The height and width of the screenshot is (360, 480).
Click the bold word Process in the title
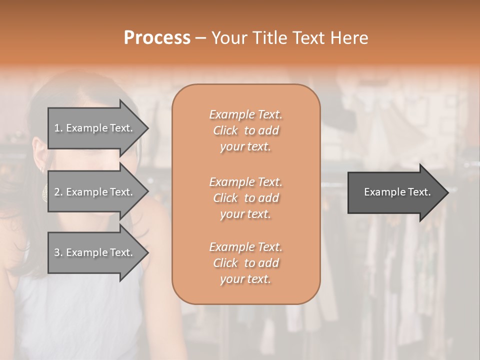point(157,38)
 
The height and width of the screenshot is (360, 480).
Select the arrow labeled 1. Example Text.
point(95,128)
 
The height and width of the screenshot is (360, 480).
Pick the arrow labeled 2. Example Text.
point(95,192)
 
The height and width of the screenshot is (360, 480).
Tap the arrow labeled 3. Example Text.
point(95,252)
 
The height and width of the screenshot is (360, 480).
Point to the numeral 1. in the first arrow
point(58,128)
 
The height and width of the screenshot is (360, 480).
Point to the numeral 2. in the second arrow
point(58,192)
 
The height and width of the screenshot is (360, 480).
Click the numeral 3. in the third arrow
point(58,252)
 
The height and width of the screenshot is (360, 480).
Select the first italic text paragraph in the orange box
point(245,130)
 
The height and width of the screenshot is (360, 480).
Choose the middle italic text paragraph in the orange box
point(245,198)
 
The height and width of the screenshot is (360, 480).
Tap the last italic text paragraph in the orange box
point(245,263)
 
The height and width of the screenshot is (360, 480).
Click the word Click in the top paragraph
point(225,130)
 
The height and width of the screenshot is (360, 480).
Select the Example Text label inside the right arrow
point(397,192)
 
